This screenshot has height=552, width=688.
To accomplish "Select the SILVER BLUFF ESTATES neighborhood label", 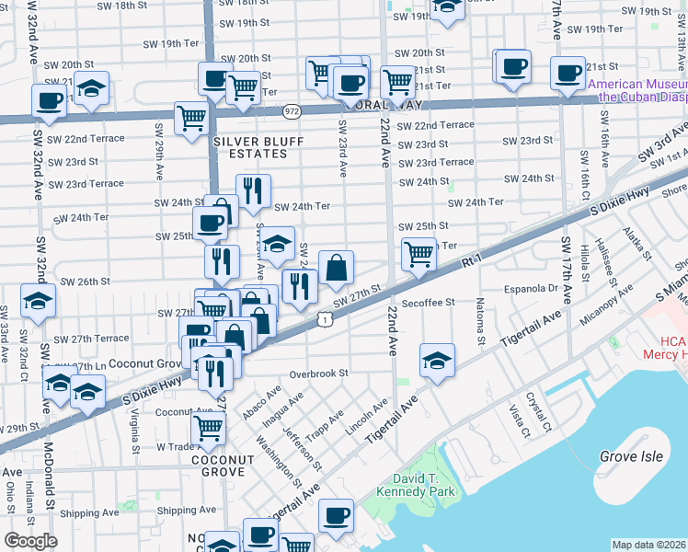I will [252, 149].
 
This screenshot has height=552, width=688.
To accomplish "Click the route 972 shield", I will [292, 109].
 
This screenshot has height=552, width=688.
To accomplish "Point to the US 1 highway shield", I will [325, 318].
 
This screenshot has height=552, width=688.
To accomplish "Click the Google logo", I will [30, 541].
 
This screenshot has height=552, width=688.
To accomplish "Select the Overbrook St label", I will [319, 374].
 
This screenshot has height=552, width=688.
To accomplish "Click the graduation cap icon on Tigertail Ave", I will [437, 361].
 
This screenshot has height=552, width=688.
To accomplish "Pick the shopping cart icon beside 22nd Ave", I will [419, 251].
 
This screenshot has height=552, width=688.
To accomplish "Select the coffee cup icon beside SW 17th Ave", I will [568, 72].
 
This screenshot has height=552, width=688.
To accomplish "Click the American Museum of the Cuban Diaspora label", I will [638, 89].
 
